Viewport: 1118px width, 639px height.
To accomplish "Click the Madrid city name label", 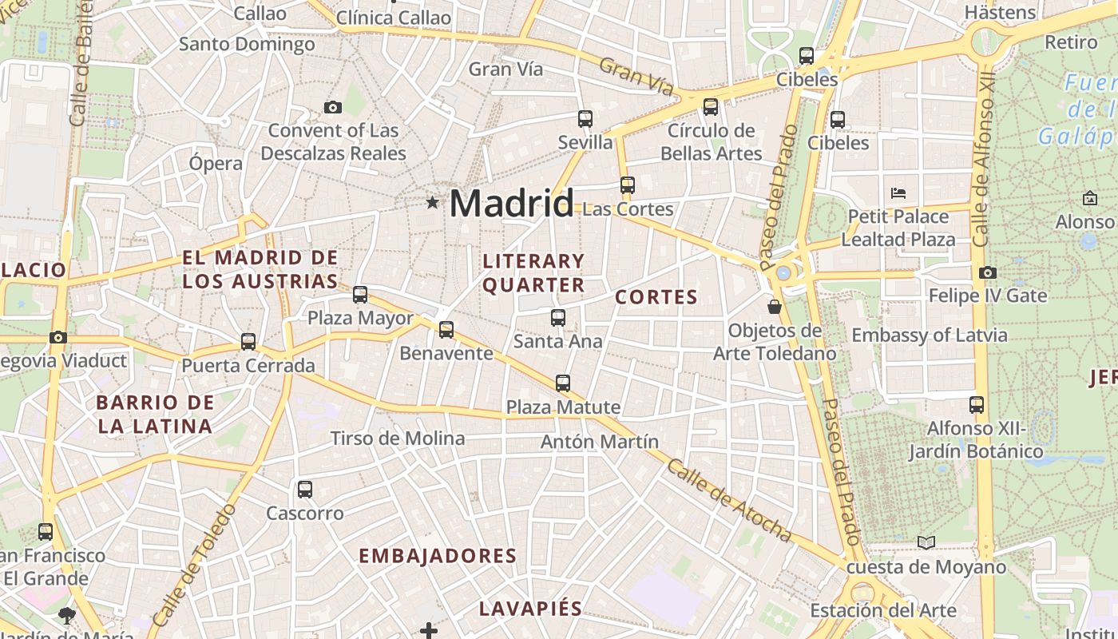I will [x=511, y=204].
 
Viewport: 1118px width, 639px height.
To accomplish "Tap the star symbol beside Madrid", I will [x=432, y=203].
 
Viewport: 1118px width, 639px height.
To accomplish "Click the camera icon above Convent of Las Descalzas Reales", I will [x=333, y=107].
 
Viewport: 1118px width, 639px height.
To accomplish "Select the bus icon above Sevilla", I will [x=585, y=119].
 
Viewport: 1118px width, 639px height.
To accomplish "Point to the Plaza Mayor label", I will [x=361, y=318].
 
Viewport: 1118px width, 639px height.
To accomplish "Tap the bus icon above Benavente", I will [x=446, y=329].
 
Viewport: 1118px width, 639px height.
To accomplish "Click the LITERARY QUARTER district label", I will [x=533, y=273].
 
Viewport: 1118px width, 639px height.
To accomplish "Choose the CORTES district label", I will [x=656, y=297].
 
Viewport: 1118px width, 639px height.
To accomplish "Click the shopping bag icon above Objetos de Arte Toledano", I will [x=774, y=306].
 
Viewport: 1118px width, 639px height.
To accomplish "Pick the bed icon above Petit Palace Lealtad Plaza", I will [x=898, y=192].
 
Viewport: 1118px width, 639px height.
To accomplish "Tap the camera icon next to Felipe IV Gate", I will [x=988, y=272].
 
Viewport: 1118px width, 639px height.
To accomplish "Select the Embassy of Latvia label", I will [x=930, y=335].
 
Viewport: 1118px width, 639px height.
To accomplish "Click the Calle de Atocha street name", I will [x=729, y=501].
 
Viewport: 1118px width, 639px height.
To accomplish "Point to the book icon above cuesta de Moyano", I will [x=926, y=543].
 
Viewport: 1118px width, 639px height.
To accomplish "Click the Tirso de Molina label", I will [x=398, y=438].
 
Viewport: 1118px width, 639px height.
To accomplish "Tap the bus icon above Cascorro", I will [x=305, y=490].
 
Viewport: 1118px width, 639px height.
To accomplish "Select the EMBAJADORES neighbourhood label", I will [x=438, y=556].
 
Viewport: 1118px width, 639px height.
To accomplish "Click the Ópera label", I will [x=216, y=163].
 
